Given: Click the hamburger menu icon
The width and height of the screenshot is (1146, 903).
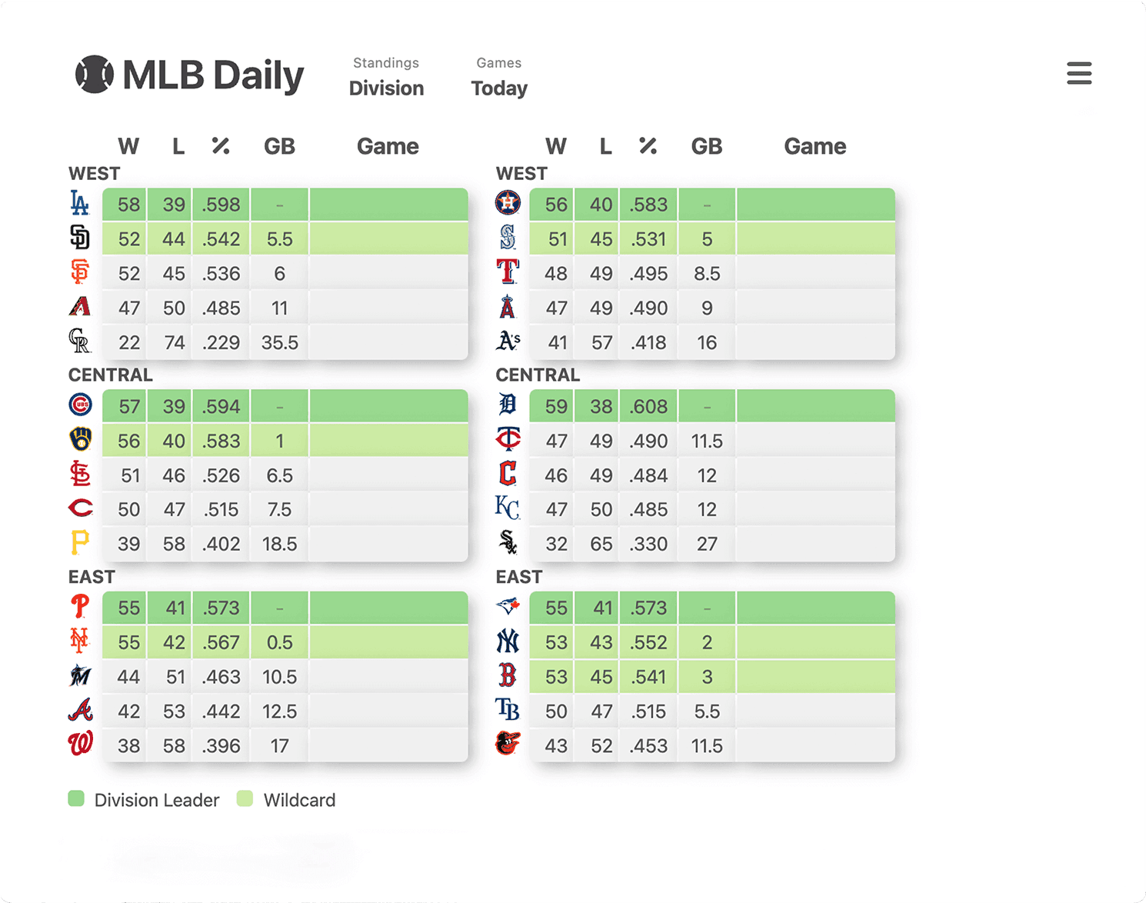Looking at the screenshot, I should coord(1079,73).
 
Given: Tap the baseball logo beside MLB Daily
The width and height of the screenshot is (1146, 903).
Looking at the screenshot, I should coord(94,75).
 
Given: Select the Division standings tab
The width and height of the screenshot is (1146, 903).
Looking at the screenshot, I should coord(386,88).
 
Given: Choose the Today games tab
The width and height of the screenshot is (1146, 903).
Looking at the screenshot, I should coord(499,88).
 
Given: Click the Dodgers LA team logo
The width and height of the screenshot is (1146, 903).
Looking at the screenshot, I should coord(79,204).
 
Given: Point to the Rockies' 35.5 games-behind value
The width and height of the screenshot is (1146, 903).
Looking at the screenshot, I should coord(279,342).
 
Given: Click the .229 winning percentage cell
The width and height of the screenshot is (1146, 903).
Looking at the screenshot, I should coord(222,342).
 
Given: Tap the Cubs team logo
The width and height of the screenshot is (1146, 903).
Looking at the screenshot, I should coord(80,405).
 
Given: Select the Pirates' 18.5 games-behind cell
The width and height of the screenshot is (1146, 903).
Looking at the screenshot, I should coord(279,544).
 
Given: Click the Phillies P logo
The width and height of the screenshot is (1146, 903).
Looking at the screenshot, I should coord(80,607).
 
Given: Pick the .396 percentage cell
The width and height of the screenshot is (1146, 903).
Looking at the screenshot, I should coord(222,745).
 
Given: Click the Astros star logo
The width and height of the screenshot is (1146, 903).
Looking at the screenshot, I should coord(508,203).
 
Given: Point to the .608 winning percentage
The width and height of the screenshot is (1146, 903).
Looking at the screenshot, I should coord(648,406).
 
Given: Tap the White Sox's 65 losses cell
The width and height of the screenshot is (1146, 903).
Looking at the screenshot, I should coord(601,544).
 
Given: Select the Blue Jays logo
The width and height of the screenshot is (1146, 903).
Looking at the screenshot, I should coord(508,607).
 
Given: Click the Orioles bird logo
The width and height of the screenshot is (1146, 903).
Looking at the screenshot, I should coord(508,744).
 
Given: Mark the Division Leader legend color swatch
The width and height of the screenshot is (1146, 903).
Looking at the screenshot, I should coord(76,798).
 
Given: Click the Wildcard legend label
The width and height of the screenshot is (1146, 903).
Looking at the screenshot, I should coord(299,800).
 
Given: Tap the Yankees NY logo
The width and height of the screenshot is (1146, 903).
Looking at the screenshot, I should coord(508,641).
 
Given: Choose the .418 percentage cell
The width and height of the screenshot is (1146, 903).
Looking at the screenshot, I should coord(648,342).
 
